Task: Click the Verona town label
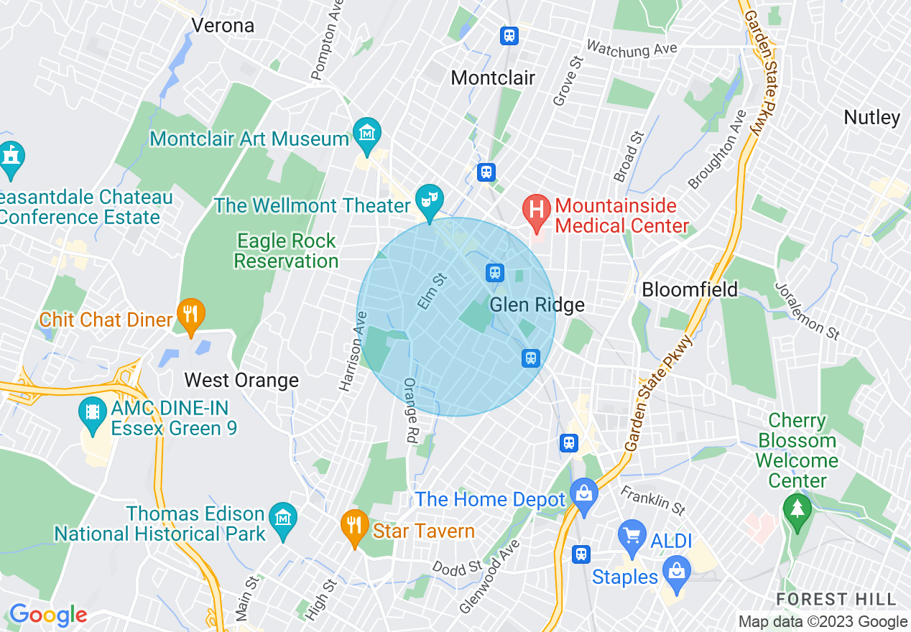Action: point(223,26)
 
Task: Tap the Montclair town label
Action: point(493,78)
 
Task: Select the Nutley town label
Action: point(871,117)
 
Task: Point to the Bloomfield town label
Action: point(689,289)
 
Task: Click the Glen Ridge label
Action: point(537,305)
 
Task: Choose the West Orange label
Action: point(241,380)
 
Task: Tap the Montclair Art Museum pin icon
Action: point(367,134)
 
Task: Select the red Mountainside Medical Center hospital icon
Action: point(536,211)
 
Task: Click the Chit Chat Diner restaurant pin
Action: point(190,315)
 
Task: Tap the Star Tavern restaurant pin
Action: point(353,526)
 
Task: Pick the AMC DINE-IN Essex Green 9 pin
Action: point(93,414)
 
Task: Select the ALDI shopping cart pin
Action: point(632,536)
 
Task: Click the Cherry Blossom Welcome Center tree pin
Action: point(797,511)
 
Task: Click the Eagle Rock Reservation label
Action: point(286,251)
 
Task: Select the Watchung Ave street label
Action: point(632,48)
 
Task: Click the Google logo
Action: point(48,615)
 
